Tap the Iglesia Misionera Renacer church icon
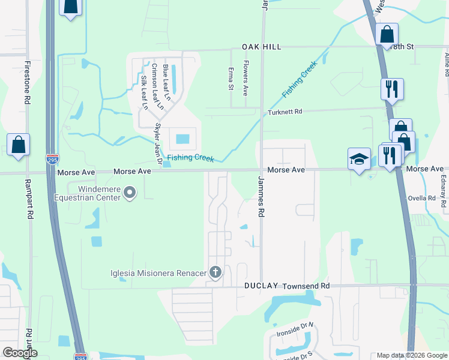pyautogui.click(x=215, y=273)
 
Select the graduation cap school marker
pyautogui.click(x=359, y=160)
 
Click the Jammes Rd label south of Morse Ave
pyautogui.click(x=261, y=196)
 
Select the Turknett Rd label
pyautogui.click(x=285, y=112)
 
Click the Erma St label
pyautogui.click(x=231, y=79)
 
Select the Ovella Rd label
pyautogui.click(x=423, y=198)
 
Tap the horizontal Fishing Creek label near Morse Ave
pyautogui.click(x=190, y=157)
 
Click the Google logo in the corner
pyautogui.click(x=20, y=353)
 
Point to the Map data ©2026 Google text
pyautogui.click(x=412, y=355)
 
